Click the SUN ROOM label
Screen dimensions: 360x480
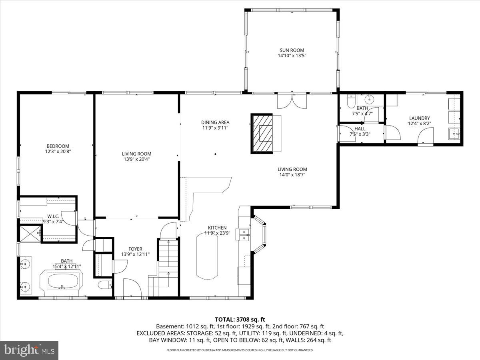292,50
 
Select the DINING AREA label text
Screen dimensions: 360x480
215,122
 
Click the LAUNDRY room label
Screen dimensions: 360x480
419,118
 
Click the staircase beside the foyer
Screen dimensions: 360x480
164,266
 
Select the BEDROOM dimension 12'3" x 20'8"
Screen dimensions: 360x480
58,152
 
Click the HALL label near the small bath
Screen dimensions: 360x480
360,129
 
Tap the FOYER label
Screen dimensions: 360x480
135,249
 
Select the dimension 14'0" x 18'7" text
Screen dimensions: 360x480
292,174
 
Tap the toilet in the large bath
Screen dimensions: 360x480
105,286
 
